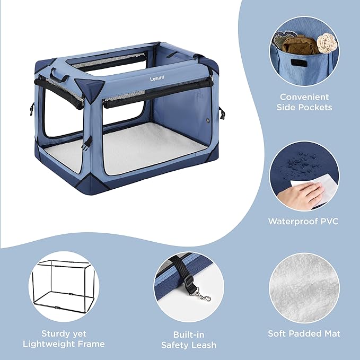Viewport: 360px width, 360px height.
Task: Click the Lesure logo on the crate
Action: pyautogui.click(x=157, y=78)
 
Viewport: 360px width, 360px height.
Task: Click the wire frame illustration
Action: pyautogui.click(x=64, y=285)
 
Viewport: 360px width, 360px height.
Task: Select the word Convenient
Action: pyautogui.click(x=304, y=97)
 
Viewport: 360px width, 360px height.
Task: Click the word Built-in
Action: pyautogui.click(x=189, y=335)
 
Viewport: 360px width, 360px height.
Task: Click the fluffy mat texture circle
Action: pyautogui.click(x=304, y=288)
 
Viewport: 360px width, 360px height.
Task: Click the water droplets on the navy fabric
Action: pyautogui.click(x=299, y=161)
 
